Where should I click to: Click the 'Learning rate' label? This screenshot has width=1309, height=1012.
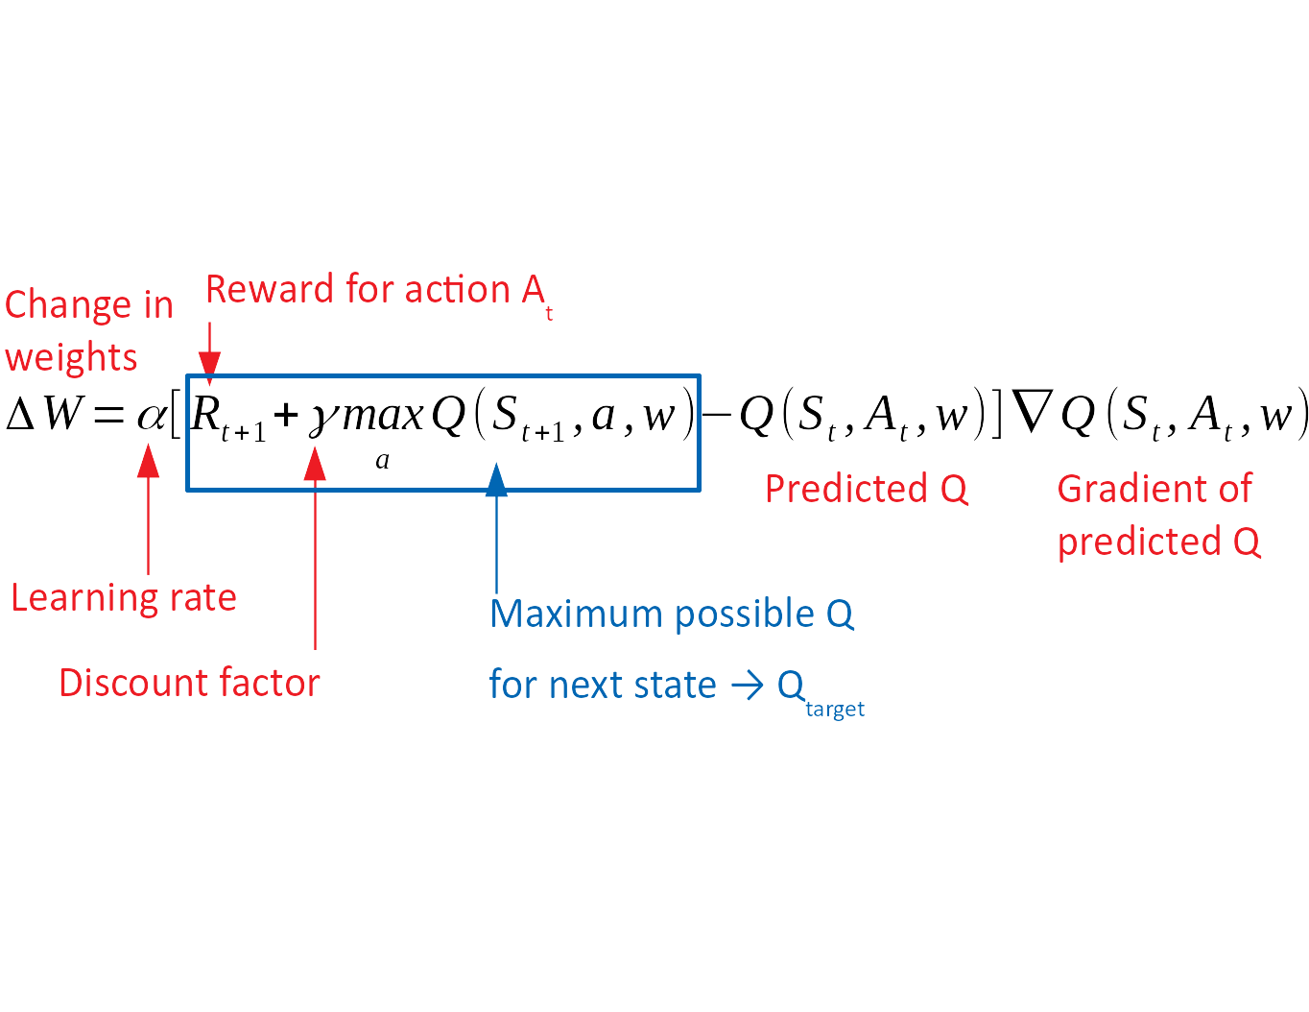tap(123, 597)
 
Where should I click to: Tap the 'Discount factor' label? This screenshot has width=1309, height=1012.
tap(189, 683)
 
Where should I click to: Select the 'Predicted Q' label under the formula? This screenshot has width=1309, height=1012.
tap(866, 489)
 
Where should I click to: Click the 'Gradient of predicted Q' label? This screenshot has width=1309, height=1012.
tap(1157, 515)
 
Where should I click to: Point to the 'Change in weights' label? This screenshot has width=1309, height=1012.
tap(88, 330)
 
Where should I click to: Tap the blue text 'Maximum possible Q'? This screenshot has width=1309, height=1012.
tap(671, 614)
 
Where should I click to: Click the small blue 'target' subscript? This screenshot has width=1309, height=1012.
tap(835, 710)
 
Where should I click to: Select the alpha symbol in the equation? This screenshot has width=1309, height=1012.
tap(151, 416)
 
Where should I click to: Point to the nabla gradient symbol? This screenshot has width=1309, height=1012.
tap(1032, 413)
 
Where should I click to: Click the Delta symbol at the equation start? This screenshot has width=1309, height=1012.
tap(20, 415)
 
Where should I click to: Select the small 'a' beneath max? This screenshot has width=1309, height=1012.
tap(382, 461)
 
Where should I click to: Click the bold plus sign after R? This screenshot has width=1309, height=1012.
tap(286, 416)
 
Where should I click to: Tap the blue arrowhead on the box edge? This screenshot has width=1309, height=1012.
tap(496, 480)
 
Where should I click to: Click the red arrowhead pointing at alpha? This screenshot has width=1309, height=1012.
tap(149, 462)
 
